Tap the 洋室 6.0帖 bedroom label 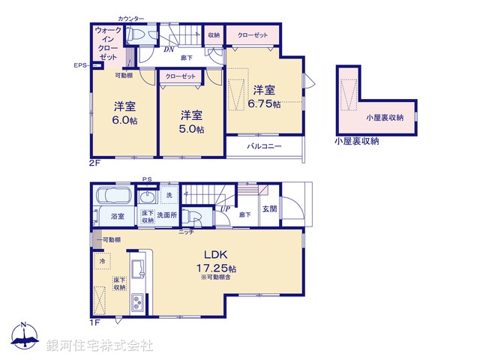(124, 113)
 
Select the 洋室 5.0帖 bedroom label (190, 121)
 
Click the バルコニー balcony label (264, 147)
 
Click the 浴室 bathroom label (118, 216)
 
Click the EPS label (80, 66)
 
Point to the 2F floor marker (94, 160)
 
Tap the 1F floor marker (94, 322)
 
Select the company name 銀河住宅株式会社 (100, 346)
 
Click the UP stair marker (224, 208)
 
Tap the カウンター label (131, 17)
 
